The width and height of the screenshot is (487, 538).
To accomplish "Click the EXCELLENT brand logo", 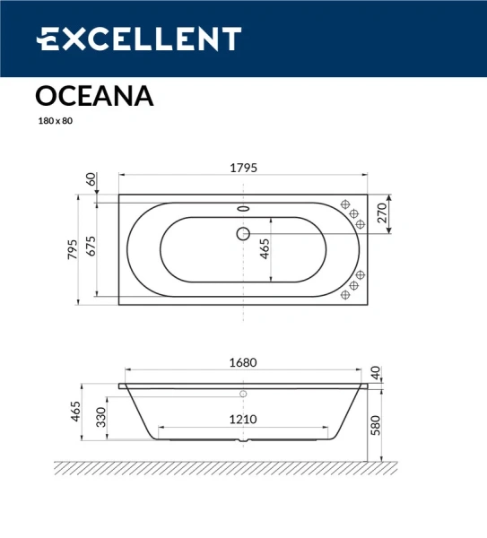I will [139, 39].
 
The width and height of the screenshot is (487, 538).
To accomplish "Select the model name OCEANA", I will [94, 96].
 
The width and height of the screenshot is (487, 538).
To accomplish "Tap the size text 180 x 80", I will [55, 121].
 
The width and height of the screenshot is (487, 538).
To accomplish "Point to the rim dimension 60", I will [91, 179].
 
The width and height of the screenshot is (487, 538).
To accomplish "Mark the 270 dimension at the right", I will [381, 213].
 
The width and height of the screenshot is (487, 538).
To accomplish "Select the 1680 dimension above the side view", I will [243, 363].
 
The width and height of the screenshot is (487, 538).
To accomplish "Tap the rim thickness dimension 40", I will [376, 370].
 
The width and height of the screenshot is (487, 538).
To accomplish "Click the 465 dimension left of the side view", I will [76, 413].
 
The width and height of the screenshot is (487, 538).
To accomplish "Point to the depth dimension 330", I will [101, 419].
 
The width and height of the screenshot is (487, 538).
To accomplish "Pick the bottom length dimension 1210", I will [242, 419].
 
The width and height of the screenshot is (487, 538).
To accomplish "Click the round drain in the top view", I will [243, 234].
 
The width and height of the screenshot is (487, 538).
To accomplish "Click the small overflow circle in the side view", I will [243, 392].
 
